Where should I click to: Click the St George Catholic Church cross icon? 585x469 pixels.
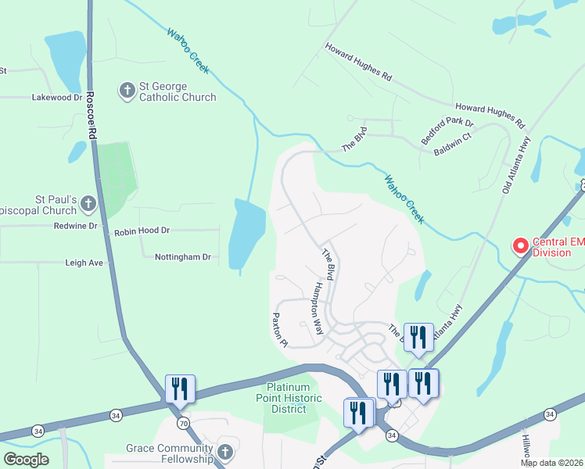[127, 91]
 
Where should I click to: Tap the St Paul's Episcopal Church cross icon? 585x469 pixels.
[88, 205]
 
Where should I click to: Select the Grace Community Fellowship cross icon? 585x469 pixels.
[225, 452]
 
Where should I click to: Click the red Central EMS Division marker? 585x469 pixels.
[520, 247]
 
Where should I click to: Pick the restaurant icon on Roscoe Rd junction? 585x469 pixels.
[180, 388]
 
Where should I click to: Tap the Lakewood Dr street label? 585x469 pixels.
[56, 98]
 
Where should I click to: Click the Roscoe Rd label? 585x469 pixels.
[91, 116]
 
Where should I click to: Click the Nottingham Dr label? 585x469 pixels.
[183, 256]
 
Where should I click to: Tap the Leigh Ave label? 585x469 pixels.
[84, 263]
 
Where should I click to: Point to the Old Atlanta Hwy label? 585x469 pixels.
[516, 164]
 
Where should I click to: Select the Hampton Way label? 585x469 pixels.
[318, 309]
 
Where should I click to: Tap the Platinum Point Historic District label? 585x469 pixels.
[293, 398]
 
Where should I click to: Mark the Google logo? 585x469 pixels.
[26, 460]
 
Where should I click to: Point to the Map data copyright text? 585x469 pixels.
[551, 463]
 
